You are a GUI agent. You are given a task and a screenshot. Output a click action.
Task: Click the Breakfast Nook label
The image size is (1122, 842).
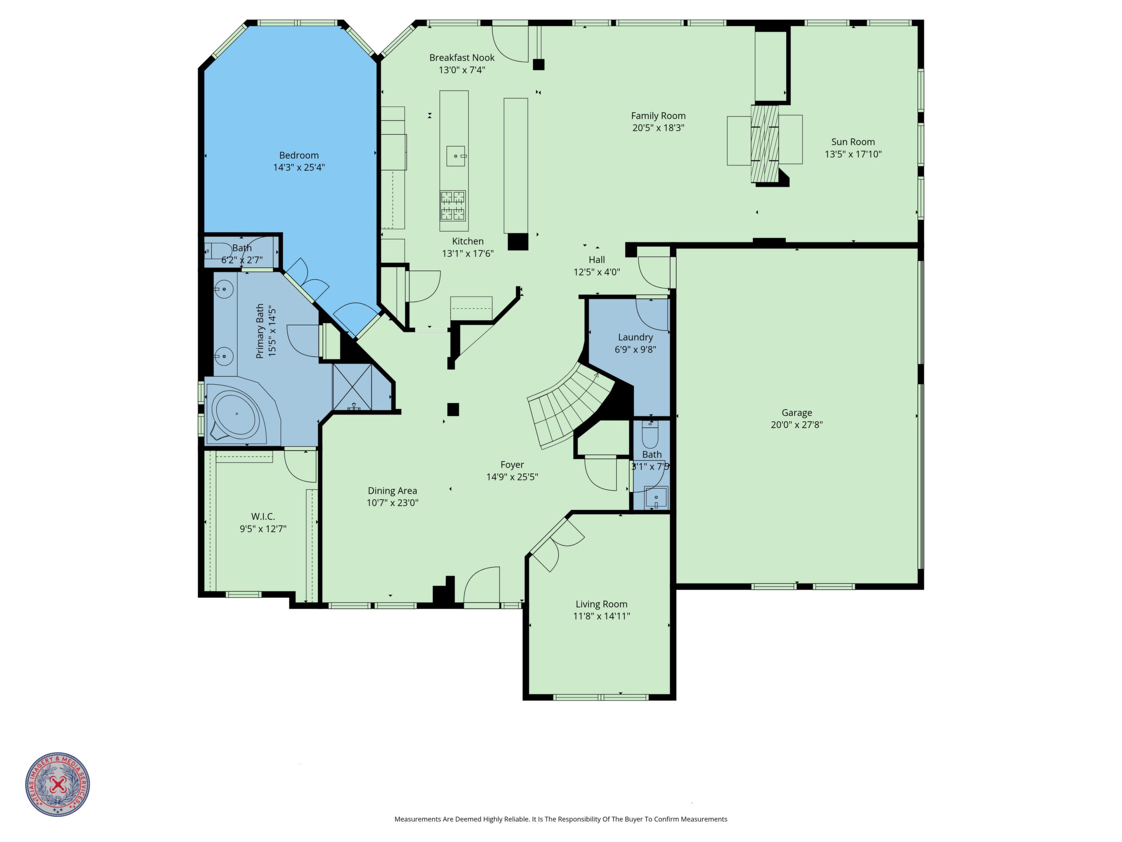coord(462,58)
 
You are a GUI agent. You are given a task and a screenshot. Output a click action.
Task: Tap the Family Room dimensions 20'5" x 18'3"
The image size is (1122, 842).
coord(658,128)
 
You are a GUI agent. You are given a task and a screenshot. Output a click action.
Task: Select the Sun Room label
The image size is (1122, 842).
coord(853,142)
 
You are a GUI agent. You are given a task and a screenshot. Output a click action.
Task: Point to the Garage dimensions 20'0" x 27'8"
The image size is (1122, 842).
coord(797,425)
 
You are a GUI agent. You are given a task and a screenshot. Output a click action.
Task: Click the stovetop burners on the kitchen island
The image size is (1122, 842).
coord(453,206)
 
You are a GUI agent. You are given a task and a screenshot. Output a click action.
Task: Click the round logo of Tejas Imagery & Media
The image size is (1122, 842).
coord(58,784)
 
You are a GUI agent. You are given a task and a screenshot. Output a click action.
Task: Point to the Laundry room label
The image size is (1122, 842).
coord(635,337)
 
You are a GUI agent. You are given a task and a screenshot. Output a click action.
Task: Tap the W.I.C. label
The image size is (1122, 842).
coord(263,517)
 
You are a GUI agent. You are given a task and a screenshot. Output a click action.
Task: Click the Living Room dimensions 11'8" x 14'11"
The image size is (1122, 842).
coord(601,616)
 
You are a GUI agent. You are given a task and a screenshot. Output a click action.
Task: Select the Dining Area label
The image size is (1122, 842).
coord(392,491)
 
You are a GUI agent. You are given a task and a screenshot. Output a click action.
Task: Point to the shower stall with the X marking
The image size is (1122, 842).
coord(352,387)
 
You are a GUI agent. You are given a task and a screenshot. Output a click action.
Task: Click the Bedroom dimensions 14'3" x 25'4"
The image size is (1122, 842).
coord(299,167)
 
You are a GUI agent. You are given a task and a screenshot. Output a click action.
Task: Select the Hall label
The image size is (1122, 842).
coord(597,260)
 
